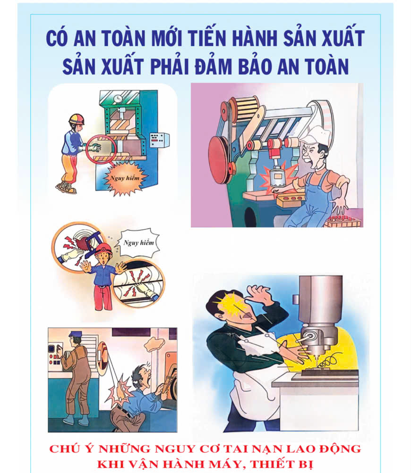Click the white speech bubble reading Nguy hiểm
click(x=139, y=242)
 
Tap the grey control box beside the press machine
click(x=159, y=140)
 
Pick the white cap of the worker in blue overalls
click(x=314, y=135)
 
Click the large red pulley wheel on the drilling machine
click(x=218, y=160)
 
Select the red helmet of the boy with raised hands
click(x=103, y=249)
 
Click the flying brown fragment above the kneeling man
click(x=155, y=343)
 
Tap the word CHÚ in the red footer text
click(x=63, y=449)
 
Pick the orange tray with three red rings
click(x=291, y=200)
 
